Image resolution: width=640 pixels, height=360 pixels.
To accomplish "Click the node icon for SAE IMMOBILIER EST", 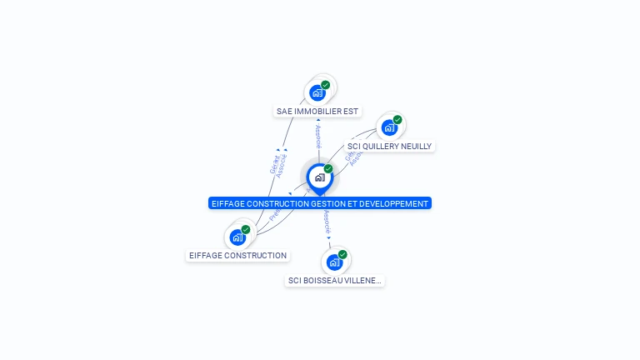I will pyautogui.click(x=317, y=92).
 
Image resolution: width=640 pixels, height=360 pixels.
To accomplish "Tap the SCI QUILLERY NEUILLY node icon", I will pyautogui.click(x=388, y=127).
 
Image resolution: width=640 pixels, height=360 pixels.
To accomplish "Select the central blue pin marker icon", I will pyautogui.click(x=319, y=177).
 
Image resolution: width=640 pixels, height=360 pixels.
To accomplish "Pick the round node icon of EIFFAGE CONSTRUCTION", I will pyautogui.click(x=238, y=237).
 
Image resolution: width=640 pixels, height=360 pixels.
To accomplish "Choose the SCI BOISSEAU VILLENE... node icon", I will pyautogui.click(x=334, y=262).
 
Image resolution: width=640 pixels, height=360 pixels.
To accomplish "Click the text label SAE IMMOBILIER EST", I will pyautogui.click(x=317, y=111).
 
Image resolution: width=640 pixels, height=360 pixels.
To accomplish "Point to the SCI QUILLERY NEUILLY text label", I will pyautogui.click(x=389, y=146).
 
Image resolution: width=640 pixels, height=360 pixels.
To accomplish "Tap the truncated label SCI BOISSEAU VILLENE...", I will pyautogui.click(x=334, y=281).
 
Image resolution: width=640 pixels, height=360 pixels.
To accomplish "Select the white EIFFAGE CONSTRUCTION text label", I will pyautogui.click(x=237, y=256).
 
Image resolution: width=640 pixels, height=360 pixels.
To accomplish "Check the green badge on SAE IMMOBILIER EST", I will pyautogui.click(x=326, y=85).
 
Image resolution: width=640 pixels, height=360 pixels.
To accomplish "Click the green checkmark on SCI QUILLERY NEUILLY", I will pyautogui.click(x=397, y=120).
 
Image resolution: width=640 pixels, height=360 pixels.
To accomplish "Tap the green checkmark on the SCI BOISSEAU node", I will pyautogui.click(x=342, y=255).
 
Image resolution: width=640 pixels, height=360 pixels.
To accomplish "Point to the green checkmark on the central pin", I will pyautogui.click(x=328, y=169).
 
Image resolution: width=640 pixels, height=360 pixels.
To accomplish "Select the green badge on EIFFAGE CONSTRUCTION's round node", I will pyautogui.click(x=246, y=230).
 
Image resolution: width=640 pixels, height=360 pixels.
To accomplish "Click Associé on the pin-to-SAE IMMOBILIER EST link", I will pyautogui.click(x=317, y=137).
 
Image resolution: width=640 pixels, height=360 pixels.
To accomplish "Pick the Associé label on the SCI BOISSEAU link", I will pyautogui.click(x=327, y=220).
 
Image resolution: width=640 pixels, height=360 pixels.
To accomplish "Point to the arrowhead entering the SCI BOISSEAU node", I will pyautogui.click(x=329, y=238).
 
